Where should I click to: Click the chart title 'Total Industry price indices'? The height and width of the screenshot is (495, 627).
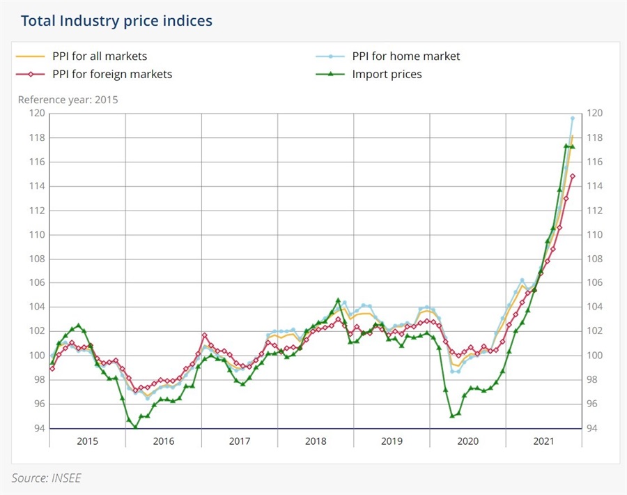click(x=116, y=21)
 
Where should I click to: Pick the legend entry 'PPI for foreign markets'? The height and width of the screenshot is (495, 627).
click(x=112, y=74)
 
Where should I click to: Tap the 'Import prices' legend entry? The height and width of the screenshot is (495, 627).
click(x=387, y=74)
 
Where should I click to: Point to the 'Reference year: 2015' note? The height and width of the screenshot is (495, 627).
click(x=68, y=100)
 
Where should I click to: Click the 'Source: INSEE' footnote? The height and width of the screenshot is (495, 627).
click(x=46, y=478)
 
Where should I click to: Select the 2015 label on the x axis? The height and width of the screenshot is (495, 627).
click(x=87, y=441)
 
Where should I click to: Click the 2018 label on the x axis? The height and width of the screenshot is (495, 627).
click(x=316, y=441)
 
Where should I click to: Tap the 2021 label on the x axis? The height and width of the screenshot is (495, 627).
click(x=543, y=441)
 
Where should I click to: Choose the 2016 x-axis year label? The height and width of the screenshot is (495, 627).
click(x=163, y=441)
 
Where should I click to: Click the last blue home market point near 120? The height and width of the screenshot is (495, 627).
click(x=573, y=118)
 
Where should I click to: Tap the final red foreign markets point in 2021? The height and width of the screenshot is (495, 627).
click(x=573, y=176)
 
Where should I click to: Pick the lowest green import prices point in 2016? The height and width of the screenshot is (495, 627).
click(x=134, y=427)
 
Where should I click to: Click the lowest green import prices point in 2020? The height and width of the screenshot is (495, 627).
click(x=452, y=416)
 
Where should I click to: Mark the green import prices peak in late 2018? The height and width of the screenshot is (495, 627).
click(x=338, y=300)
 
